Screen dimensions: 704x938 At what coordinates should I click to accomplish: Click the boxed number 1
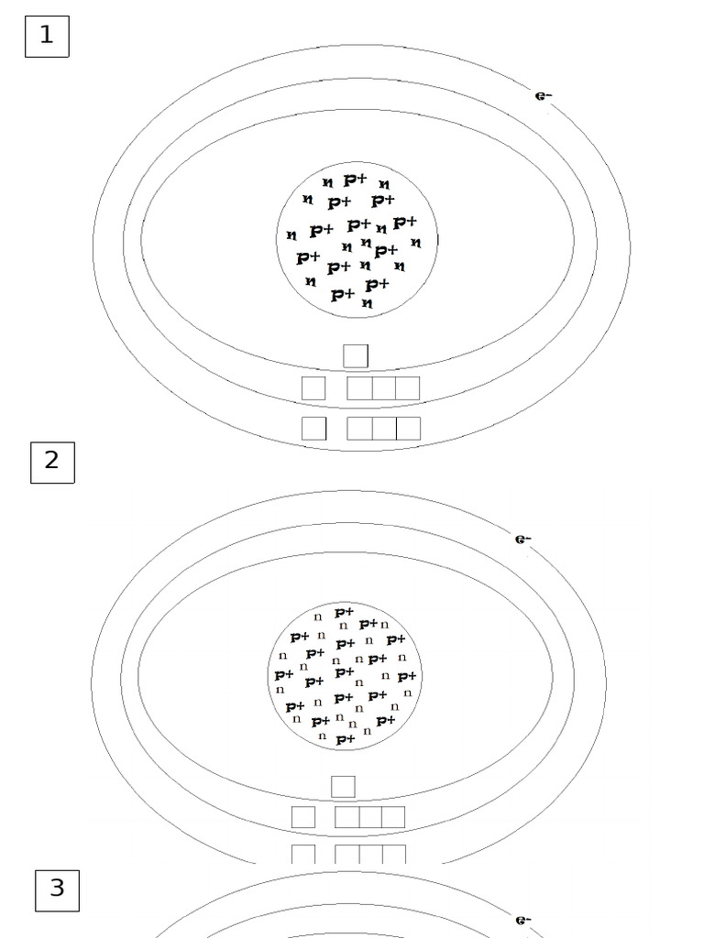click(x=47, y=37)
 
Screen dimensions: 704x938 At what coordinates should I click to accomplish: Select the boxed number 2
click(x=52, y=463)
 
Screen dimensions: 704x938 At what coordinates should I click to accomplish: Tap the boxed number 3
click(x=57, y=890)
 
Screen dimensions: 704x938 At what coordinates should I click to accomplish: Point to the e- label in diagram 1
click(x=543, y=95)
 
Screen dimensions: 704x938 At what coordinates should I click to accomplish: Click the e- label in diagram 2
click(x=522, y=539)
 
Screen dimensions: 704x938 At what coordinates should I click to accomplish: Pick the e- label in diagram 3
click(x=522, y=920)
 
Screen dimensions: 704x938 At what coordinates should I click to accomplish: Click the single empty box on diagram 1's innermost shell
click(x=356, y=356)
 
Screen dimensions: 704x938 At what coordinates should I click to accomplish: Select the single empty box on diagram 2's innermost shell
click(x=343, y=787)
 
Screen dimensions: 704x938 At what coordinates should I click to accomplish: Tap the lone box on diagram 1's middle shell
click(x=313, y=388)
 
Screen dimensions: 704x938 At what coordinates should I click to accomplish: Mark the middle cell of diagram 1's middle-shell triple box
click(x=384, y=388)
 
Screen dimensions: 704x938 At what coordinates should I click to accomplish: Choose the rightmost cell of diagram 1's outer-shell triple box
click(x=408, y=429)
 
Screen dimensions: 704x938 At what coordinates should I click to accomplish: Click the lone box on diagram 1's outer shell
click(x=313, y=429)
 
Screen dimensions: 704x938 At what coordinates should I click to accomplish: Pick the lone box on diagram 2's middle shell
click(x=303, y=817)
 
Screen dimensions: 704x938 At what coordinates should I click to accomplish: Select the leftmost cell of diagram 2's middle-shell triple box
click(x=347, y=817)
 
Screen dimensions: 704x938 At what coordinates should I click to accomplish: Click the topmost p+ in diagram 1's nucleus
click(x=355, y=180)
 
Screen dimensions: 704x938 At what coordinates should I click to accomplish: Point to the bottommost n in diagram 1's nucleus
click(x=367, y=303)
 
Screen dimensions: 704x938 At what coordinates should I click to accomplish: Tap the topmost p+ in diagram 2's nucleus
click(x=345, y=612)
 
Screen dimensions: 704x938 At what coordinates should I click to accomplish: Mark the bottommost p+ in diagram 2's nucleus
click(x=346, y=739)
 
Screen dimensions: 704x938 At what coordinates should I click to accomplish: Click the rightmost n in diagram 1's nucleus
click(x=416, y=243)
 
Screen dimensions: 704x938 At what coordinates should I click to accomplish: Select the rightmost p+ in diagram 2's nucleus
click(x=406, y=677)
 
